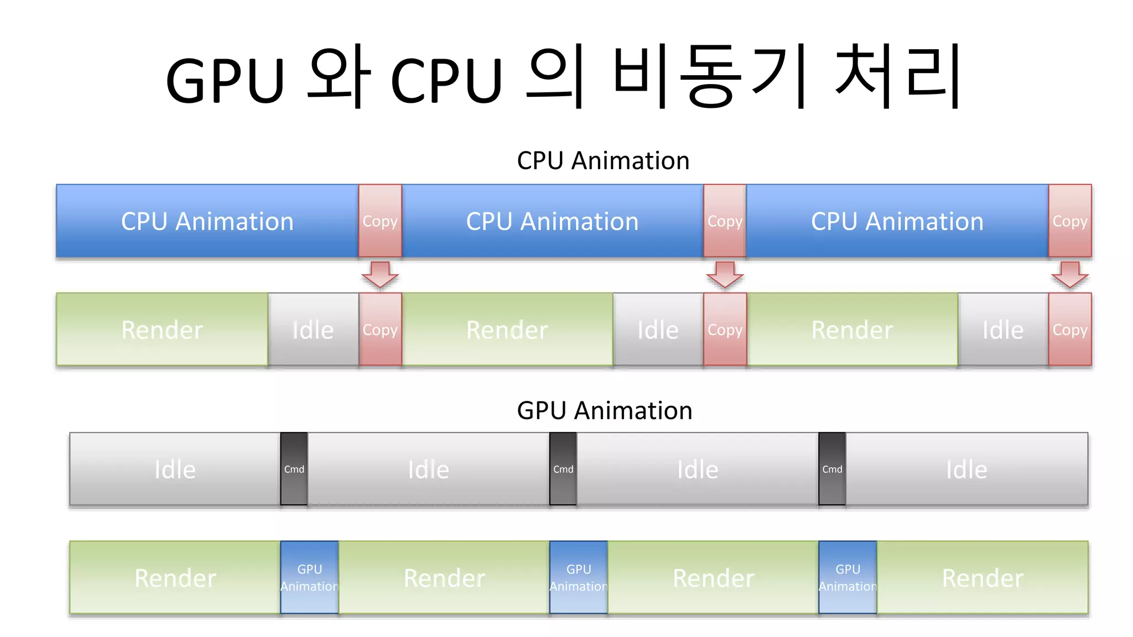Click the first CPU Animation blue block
tap(207, 221)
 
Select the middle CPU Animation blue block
tap(552, 221)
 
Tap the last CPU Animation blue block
tap(897, 221)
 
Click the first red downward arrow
tap(380, 275)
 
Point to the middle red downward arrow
tap(725, 275)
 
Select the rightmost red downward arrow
tap(1070, 275)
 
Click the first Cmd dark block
tap(294, 469)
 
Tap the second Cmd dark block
tap(563, 469)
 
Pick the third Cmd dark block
tap(832, 469)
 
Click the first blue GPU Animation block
tap(309, 577)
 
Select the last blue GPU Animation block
tap(848, 577)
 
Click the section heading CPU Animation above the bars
tap(603, 161)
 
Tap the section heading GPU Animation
tap(604, 411)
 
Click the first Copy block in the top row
tap(380, 221)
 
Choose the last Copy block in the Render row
tap(1070, 330)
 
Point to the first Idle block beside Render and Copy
tap(313, 330)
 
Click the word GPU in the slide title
tap(225, 80)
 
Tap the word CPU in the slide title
tap(446, 80)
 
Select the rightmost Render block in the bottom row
tap(983, 577)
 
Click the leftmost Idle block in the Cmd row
tap(175, 469)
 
